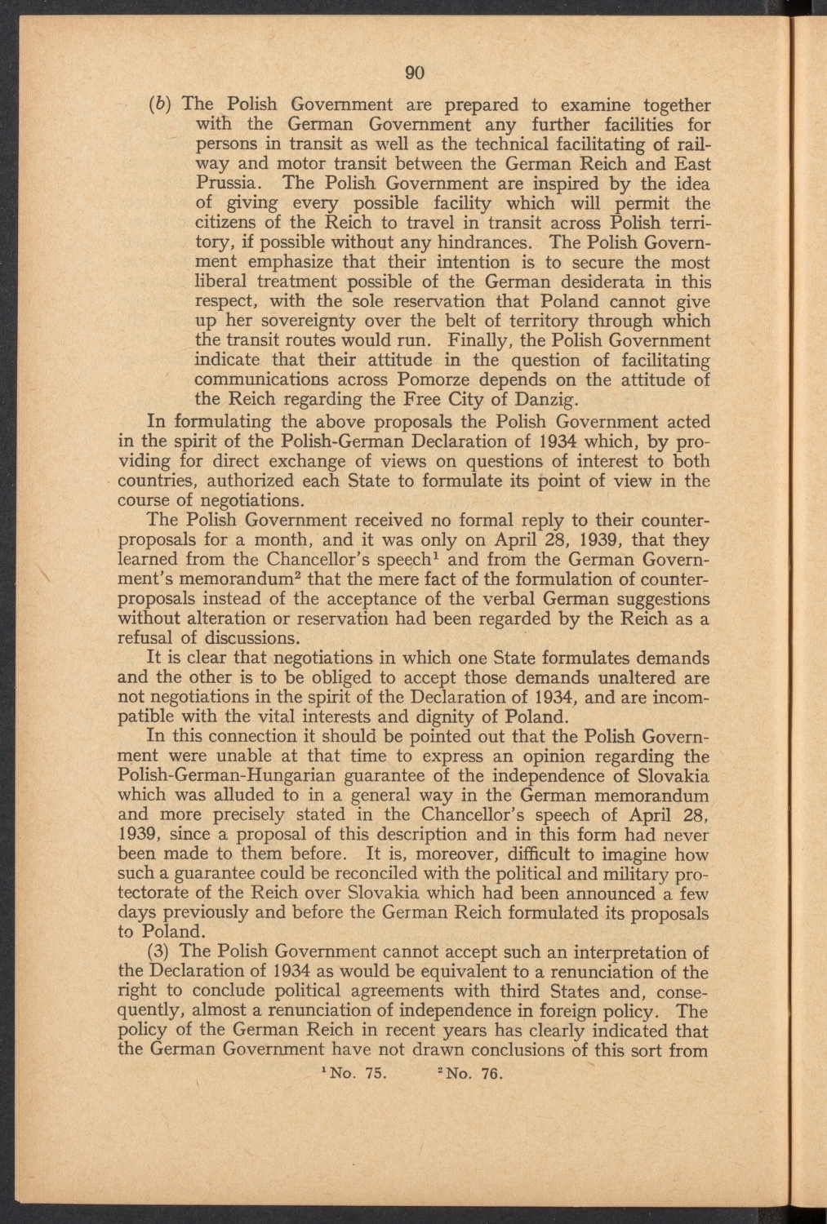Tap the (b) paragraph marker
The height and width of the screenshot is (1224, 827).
[x=161, y=105]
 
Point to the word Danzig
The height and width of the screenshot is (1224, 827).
[x=550, y=400]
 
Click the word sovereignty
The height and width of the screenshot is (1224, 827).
[x=301, y=322]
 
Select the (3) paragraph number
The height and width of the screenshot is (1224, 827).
[x=158, y=953]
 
